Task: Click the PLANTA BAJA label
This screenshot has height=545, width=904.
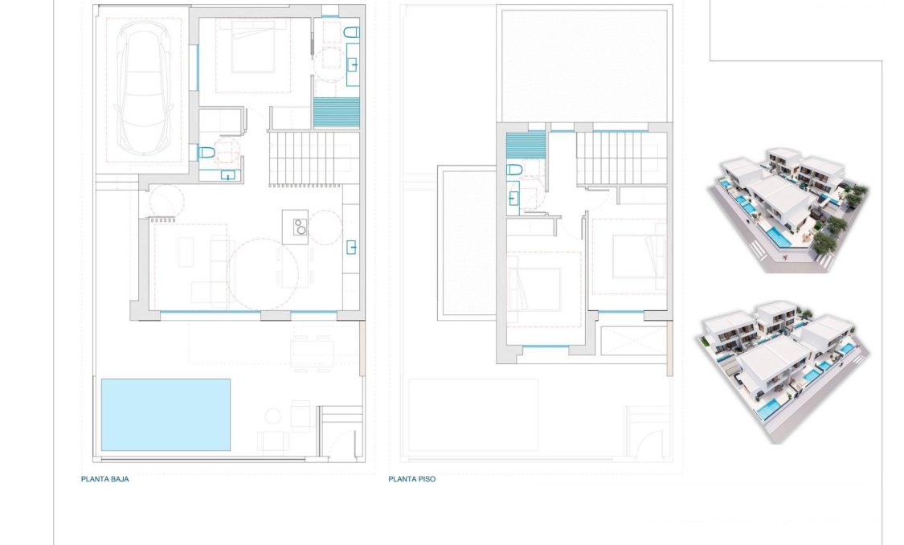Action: tap(104, 479)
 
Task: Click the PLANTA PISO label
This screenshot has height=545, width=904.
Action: tap(411, 479)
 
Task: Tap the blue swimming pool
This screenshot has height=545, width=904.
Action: tap(166, 414)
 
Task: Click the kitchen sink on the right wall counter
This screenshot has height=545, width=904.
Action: tap(352, 247)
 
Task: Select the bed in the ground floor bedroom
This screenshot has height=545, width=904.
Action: tap(247, 54)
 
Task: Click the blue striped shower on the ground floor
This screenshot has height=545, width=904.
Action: tap(336, 112)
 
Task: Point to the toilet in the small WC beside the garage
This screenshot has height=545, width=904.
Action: tap(207, 153)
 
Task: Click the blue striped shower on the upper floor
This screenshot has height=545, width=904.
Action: tap(526, 146)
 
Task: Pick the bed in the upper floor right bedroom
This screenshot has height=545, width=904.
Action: tap(640, 256)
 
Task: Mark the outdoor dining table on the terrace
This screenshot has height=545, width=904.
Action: tap(311, 350)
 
